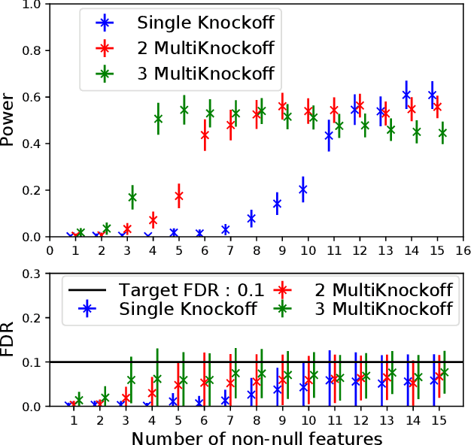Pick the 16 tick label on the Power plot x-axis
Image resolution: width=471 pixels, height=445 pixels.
pyautogui.click(x=463, y=249)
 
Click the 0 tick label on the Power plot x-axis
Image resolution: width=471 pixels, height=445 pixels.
pyautogui.click(x=50, y=249)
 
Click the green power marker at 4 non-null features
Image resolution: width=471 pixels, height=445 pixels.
pyautogui.click(x=158, y=118)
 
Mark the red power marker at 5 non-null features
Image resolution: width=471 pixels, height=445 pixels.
pyautogui.click(x=178, y=195)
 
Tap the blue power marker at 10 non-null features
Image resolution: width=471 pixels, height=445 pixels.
pyautogui.click(x=303, y=190)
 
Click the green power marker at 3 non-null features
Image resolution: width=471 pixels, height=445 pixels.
pyautogui.click(x=132, y=197)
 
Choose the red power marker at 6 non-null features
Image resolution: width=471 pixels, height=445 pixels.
pyautogui.click(x=205, y=135)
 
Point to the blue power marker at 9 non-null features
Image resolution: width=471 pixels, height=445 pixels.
pyautogui.click(x=277, y=203)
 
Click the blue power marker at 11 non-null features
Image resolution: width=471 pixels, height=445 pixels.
pyautogui.click(x=329, y=135)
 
